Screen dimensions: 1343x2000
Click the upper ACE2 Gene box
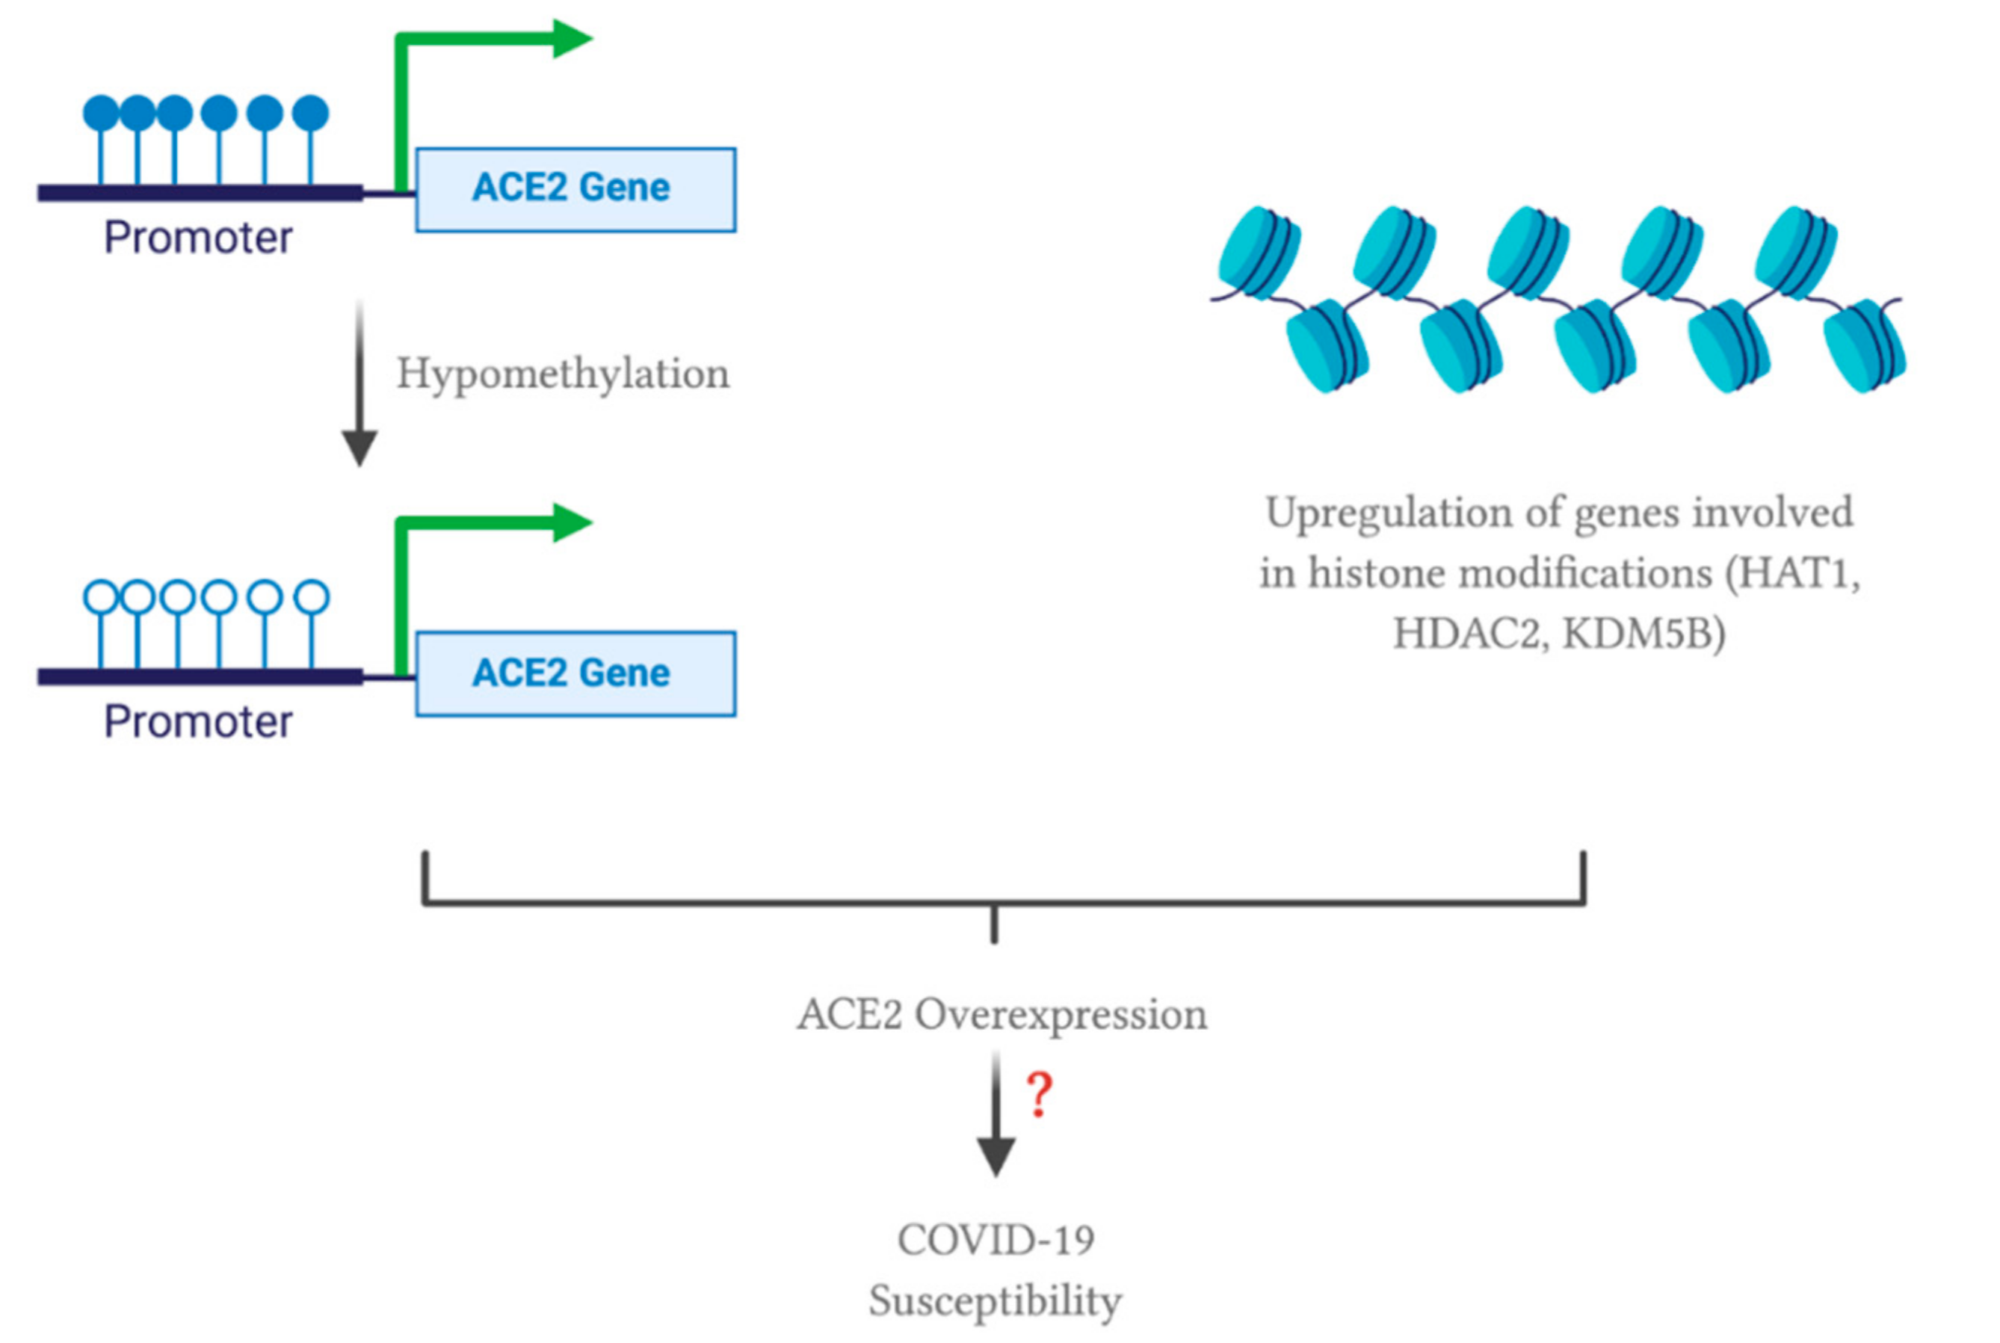click(x=575, y=189)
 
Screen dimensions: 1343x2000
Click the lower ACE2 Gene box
click(x=575, y=673)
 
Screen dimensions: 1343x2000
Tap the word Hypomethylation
click(x=563, y=374)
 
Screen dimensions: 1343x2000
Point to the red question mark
click(x=1039, y=1095)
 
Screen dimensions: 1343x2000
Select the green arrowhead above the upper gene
click(x=571, y=39)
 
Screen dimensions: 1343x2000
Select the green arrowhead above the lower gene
click(x=571, y=522)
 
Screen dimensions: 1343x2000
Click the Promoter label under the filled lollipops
click(x=198, y=237)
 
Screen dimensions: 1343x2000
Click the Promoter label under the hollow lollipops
click(x=198, y=721)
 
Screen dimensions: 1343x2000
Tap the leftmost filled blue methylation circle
click(x=101, y=113)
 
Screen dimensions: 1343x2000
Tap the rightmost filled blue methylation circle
click(x=310, y=113)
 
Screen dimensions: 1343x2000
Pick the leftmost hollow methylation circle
click(x=101, y=597)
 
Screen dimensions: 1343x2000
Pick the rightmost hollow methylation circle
click(x=311, y=597)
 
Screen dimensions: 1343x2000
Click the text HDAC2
click(x=1466, y=634)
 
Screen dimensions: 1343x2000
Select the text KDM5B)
click(x=1643, y=634)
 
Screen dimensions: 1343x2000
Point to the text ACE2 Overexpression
click(x=1001, y=1015)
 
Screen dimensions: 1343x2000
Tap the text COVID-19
click(x=996, y=1240)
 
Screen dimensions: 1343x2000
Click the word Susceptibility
click(x=995, y=1301)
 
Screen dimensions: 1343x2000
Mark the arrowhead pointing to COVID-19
click(x=996, y=1156)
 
